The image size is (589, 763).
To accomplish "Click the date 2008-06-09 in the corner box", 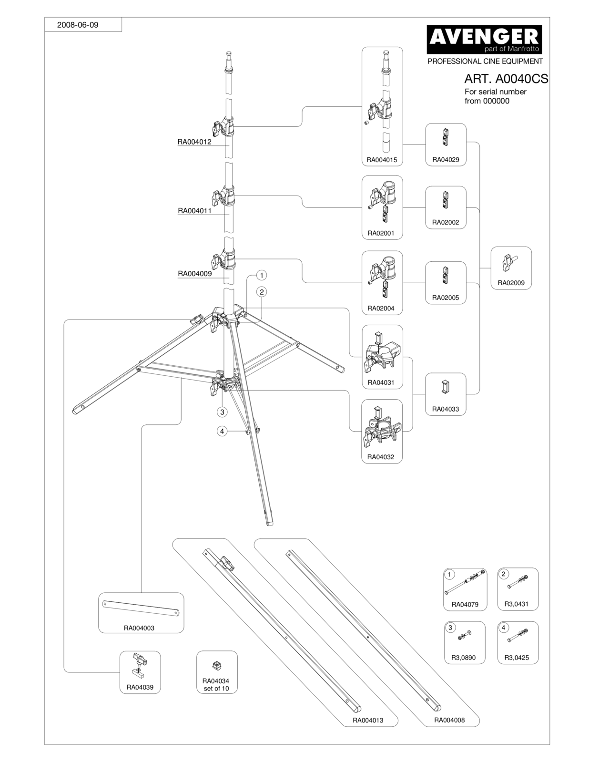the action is (x=78, y=25).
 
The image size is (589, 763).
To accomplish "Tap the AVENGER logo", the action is (x=484, y=39).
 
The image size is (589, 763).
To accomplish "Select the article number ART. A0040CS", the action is (x=506, y=79).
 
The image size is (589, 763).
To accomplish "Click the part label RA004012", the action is (x=194, y=142).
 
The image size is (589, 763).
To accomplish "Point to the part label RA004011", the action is (x=195, y=211).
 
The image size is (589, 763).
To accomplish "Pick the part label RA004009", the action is (x=195, y=274).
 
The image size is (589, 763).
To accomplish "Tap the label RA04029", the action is (x=446, y=159).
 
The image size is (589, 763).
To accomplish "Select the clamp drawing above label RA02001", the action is (x=382, y=202).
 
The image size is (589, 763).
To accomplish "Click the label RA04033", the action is (x=446, y=409).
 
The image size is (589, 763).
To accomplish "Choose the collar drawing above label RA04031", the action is (x=382, y=353).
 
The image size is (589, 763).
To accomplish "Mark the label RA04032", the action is (x=381, y=457).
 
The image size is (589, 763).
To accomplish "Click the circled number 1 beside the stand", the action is (x=261, y=275).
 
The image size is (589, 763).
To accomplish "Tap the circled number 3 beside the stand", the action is (x=222, y=412).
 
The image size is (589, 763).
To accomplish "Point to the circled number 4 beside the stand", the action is (x=222, y=431).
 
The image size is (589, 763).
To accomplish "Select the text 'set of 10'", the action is (x=216, y=689).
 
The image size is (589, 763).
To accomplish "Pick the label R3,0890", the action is (x=463, y=658).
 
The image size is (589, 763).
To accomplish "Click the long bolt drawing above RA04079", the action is (x=465, y=582).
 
